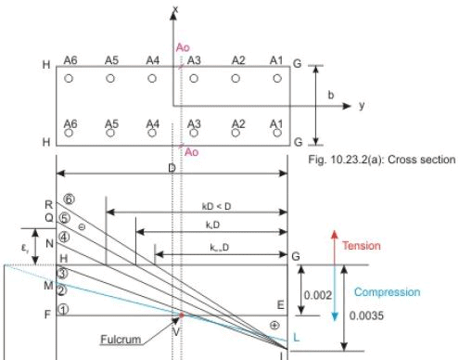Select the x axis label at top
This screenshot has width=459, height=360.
[x=175, y=8]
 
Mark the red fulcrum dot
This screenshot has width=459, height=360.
[x=181, y=316]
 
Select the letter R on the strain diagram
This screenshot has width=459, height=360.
[x=50, y=202]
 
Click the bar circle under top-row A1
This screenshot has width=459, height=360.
[x=274, y=79]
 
